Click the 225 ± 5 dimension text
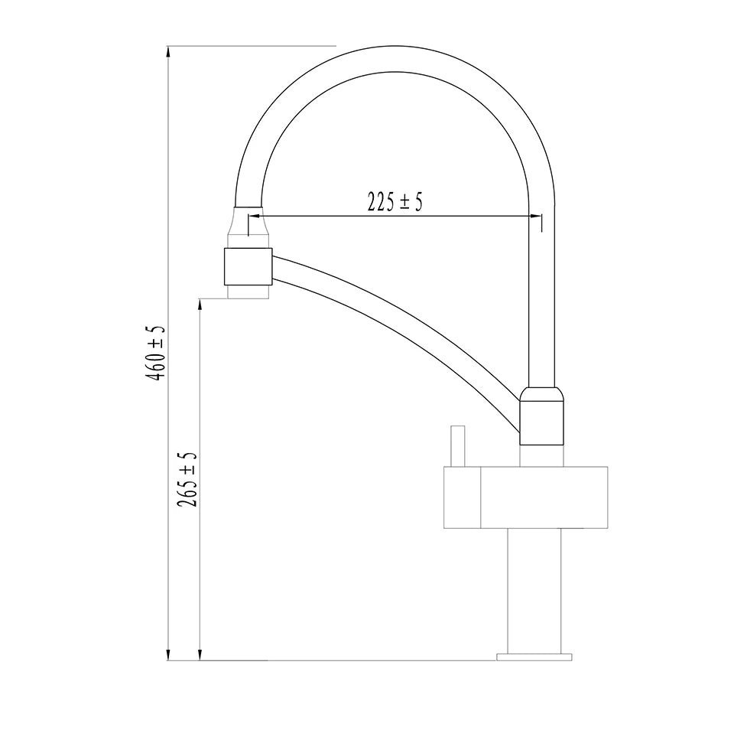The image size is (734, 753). click(395, 202)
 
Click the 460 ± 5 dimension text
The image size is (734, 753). click(156, 354)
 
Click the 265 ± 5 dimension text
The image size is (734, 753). click(187, 479)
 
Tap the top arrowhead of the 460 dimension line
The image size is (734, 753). click(168, 53)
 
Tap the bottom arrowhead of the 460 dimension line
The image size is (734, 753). click(168, 654)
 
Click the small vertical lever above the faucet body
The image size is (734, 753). click(458, 446)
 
